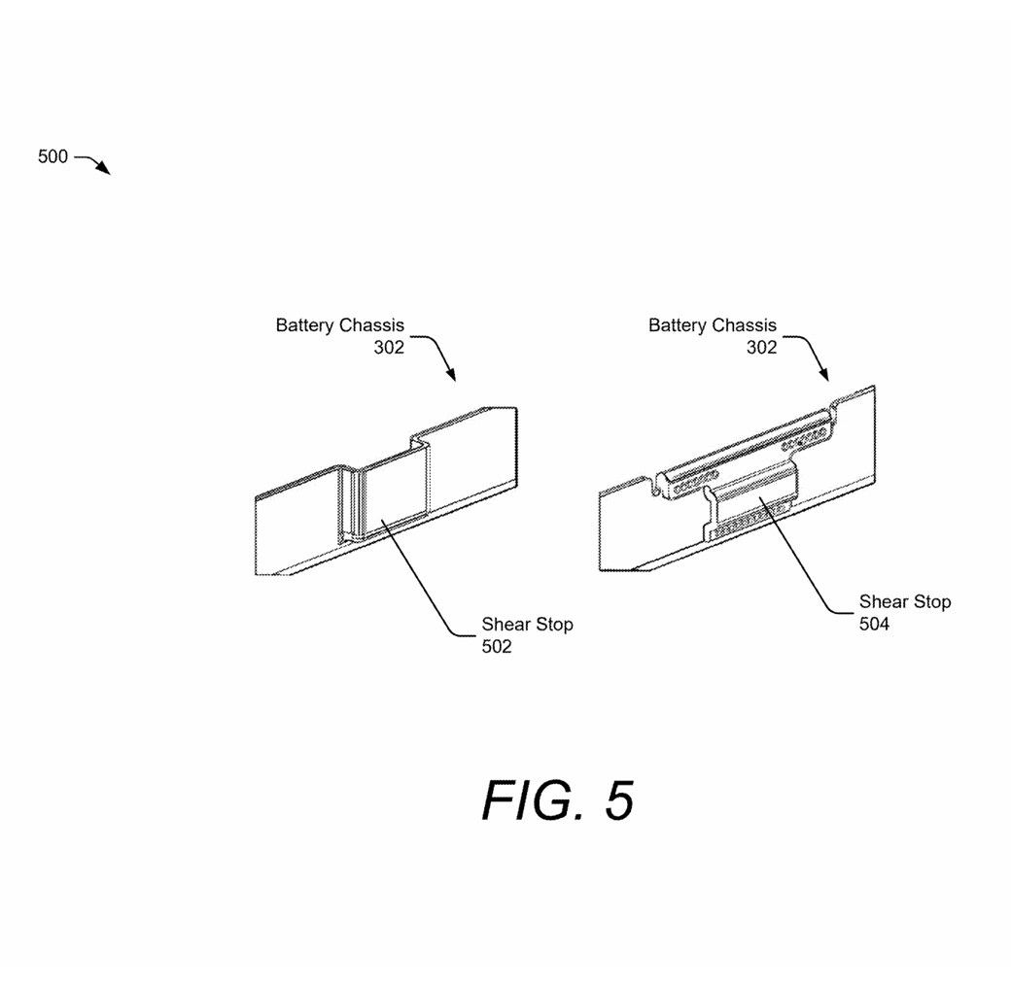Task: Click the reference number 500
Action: [52, 156]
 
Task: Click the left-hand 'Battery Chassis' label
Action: [339, 326]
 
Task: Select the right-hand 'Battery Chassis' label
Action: [712, 326]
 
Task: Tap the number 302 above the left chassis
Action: [389, 348]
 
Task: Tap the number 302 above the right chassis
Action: [761, 348]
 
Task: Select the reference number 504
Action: [873, 624]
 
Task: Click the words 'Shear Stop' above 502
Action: [527, 625]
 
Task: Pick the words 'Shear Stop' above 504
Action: [904, 602]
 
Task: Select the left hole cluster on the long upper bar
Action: [693, 480]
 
